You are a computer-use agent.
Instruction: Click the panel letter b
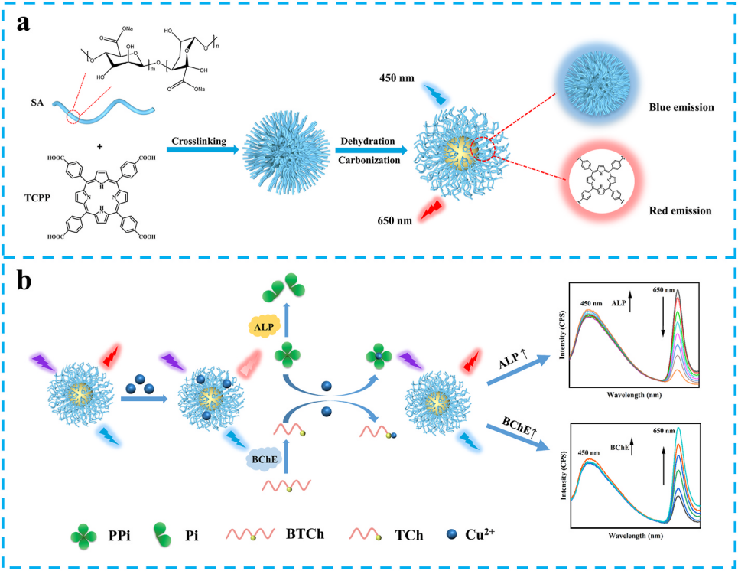tap(29, 282)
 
